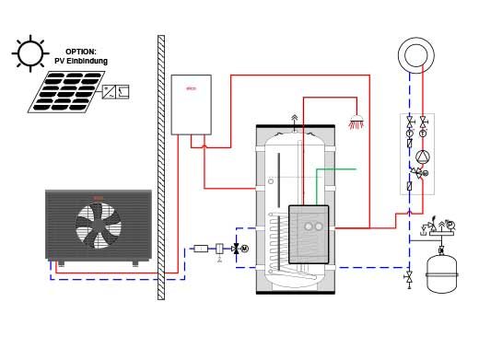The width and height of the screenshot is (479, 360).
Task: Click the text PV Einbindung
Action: click(87, 61)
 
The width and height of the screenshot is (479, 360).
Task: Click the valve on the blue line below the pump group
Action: click(408, 275)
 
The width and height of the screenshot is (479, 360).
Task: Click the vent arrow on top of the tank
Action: click(294, 119)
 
